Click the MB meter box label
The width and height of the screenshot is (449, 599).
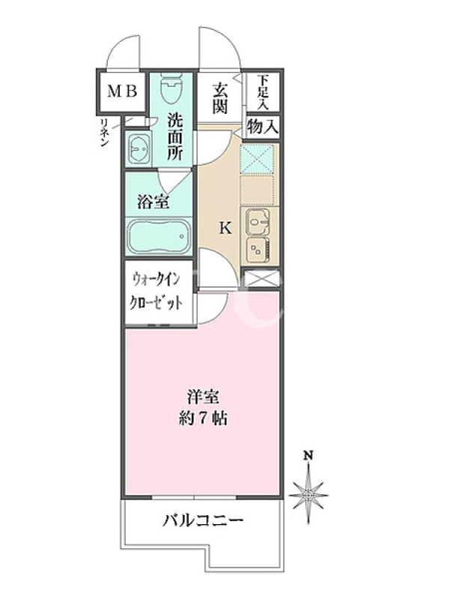pos(122,91)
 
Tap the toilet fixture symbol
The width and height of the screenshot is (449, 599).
pos(171,88)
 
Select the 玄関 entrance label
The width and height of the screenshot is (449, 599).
pos(220,99)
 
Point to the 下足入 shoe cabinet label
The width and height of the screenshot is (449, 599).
pos(263,92)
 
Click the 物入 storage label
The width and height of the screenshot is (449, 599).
pos(262,126)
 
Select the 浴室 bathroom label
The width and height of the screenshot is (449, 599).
pos(153,202)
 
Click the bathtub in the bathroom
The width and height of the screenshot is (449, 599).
pos(159,237)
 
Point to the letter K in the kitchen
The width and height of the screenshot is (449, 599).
pos(225,229)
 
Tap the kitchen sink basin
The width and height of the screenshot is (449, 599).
pos(258,222)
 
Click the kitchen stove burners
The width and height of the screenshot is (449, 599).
pos(258,249)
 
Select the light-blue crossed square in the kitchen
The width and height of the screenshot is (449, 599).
pos(257,158)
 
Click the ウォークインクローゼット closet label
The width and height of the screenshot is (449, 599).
pos(156,291)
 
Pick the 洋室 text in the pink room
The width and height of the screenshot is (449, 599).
pos(203,397)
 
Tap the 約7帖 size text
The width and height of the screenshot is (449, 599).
pos(204,419)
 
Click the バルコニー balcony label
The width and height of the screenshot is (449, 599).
pos(203,520)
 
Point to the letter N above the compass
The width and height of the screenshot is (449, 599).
pos(308,455)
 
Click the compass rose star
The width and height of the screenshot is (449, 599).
pos(308,495)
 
